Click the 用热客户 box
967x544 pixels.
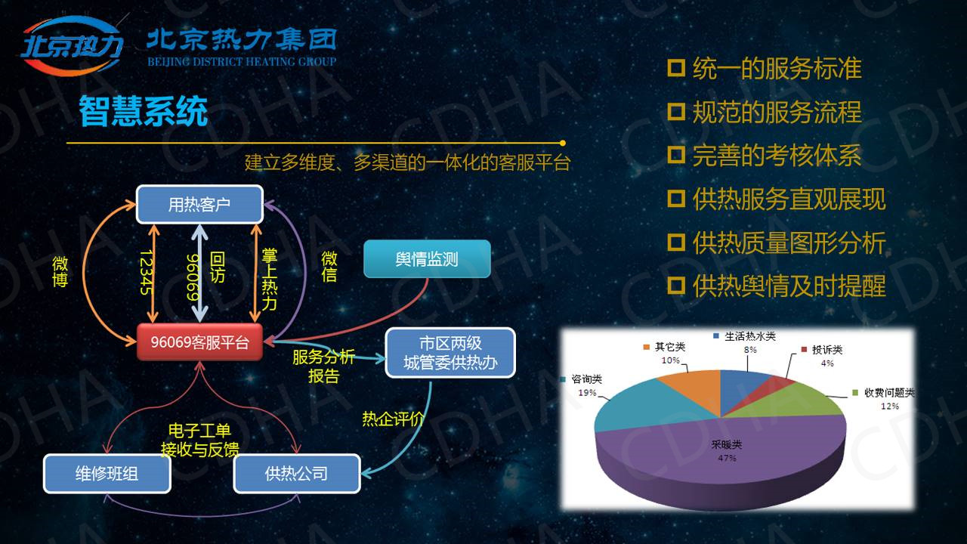[199, 204]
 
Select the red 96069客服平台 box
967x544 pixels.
[199, 342]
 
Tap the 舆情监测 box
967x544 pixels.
[427, 259]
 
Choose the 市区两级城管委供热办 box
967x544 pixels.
[450, 353]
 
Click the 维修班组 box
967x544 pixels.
[107, 474]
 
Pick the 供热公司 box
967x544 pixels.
[297, 474]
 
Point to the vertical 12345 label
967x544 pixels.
[146, 272]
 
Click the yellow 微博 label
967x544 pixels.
[60, 271]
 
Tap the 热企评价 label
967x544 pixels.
[393, 419]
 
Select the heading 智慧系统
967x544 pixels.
[144, 111]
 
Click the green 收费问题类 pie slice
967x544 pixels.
[799, 401]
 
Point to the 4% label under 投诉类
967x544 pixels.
[827, 363]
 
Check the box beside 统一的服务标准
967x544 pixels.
[676, 68]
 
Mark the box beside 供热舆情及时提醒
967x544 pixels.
[676, 285]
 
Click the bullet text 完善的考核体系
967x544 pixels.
[777, 156]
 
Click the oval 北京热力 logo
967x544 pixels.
[72, 45]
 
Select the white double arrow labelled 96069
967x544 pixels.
[199, 274]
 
